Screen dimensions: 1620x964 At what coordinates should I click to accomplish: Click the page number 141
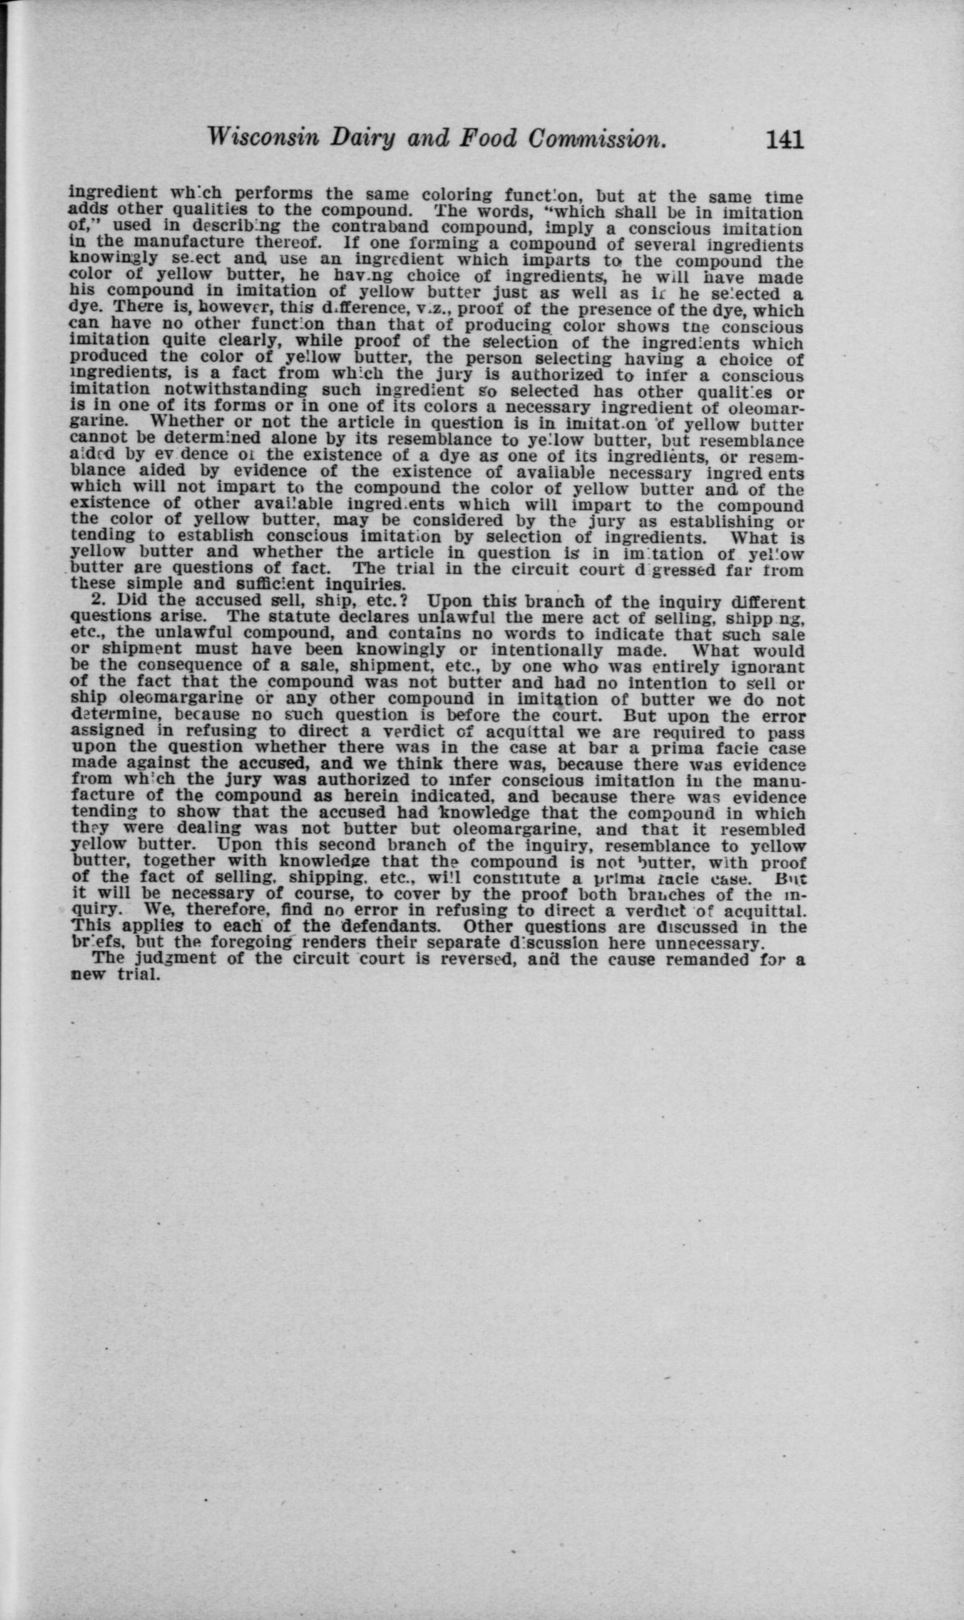(784, 140)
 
